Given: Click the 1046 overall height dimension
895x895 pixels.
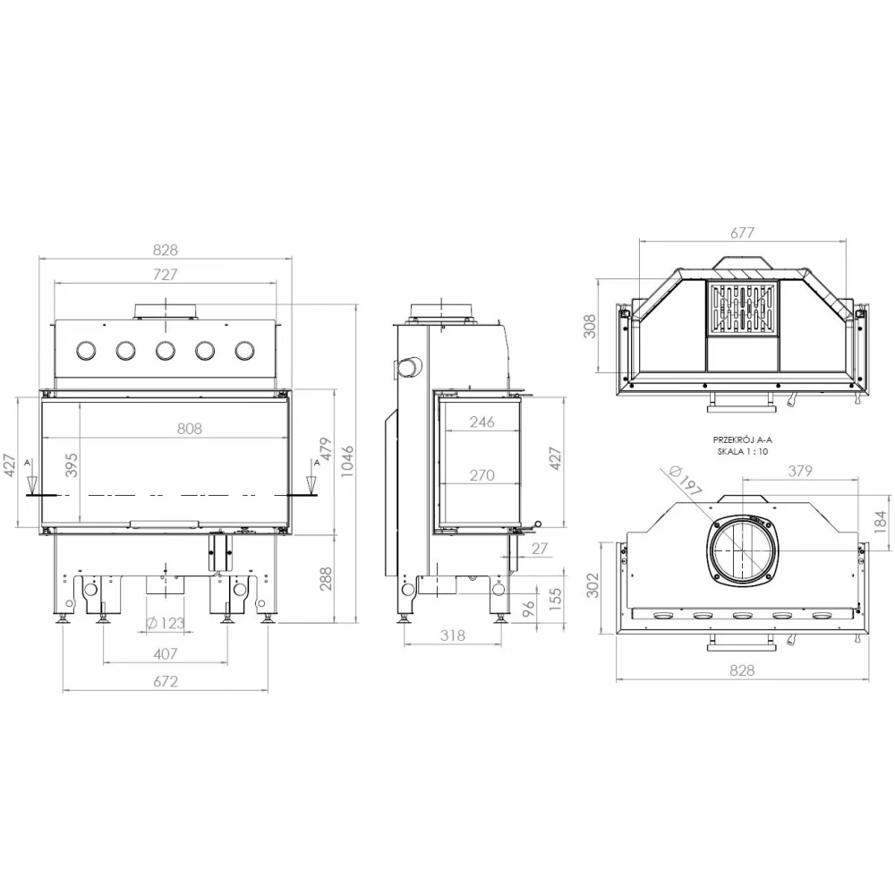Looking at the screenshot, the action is pyautogui.click(x=347, y=460).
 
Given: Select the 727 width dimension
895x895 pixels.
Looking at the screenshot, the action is pyautogui.click(x=165, y=274).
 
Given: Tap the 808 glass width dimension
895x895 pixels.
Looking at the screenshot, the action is pyautogui.click(x=190, y=428).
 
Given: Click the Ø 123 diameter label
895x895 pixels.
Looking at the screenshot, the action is pyautogui.click(x=165, y=623).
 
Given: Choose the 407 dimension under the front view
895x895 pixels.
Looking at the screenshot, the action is pyautogui.click(x=166, y=653).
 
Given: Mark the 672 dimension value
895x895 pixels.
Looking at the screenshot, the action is pyautogui.click(x=166, y=681).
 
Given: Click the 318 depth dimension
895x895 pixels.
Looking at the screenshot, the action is pyautogui.click(x=453, y=635).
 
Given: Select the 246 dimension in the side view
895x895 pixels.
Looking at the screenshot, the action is pyautogui.click(x=482, y=422).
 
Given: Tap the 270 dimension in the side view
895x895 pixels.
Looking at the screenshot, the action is pyautogui.click(x=482, y=475).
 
